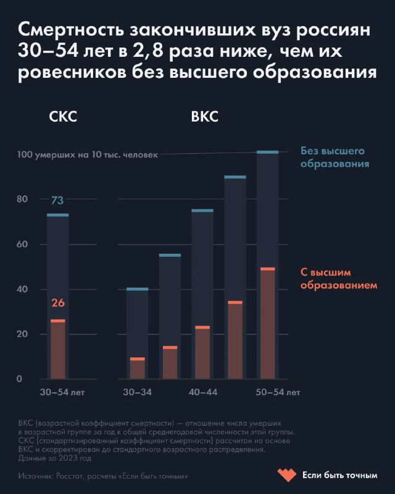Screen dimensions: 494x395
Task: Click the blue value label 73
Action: point(57,200)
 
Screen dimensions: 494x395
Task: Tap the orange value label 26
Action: point(57,303)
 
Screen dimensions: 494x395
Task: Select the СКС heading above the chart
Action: point(63,117)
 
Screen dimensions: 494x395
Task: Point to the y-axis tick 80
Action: point(22,199)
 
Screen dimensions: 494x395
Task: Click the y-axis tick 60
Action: point(22,245)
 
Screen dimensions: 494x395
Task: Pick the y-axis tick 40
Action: point(22,290)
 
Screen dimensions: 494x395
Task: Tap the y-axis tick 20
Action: point(22,335)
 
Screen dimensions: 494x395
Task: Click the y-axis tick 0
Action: point(19,379)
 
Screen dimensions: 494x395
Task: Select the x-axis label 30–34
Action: point(137,392)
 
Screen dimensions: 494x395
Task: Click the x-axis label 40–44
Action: point(202,392)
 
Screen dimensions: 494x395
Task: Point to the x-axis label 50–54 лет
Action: point(278,392)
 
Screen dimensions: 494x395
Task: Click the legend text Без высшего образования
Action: point(335,157)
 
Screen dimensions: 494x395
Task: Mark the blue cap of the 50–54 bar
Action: point(267,152)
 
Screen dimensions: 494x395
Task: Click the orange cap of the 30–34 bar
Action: point(137,359)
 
